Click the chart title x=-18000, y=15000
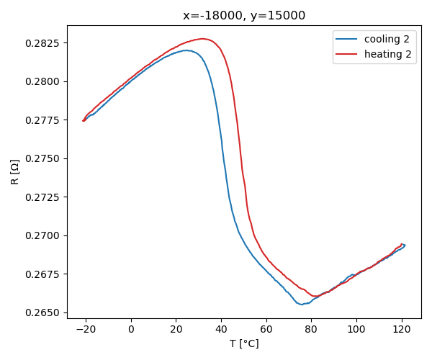(244, 15)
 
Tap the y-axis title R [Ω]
(15, 171)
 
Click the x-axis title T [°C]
(244, 343)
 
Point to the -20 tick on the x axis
(86, 329)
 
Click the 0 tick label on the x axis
(131, 329)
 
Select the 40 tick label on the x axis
(221, 329)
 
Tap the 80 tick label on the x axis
(311, 329)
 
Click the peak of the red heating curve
(203, 39)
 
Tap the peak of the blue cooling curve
(186, 50)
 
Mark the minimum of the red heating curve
(315, 296)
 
